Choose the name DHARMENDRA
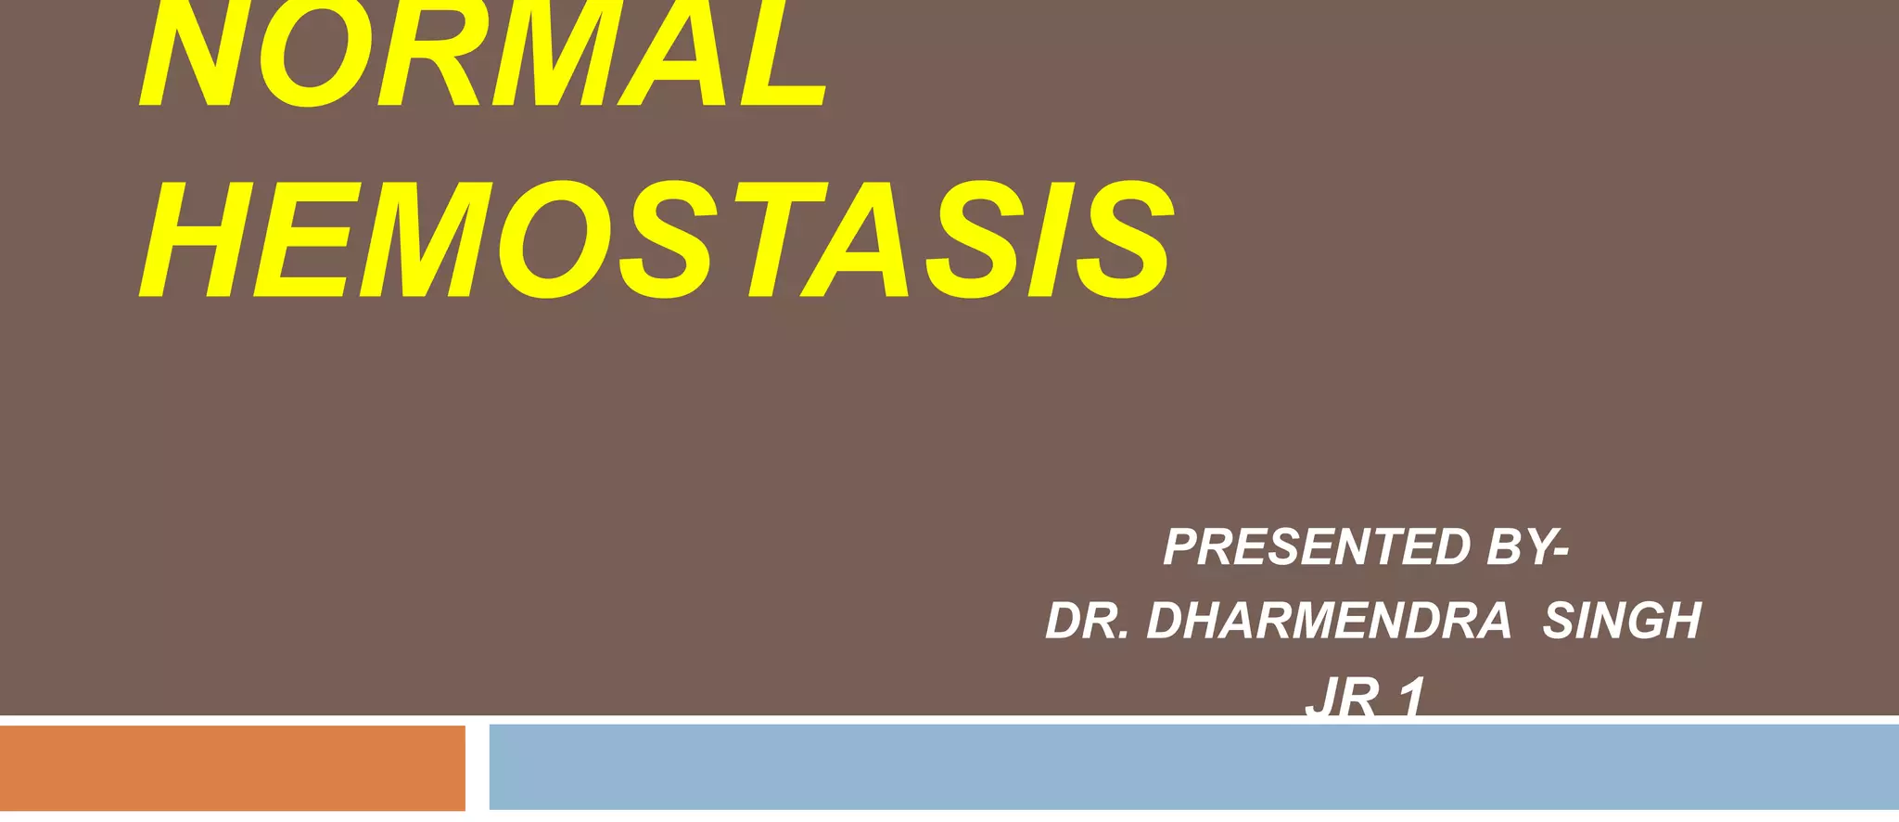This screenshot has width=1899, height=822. pyautogui.click(x=1329, y=621)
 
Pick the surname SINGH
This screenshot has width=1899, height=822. pyautogui.click(x=1622, y=621)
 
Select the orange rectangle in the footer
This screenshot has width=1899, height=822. pyautogui.click(x=232, y=767)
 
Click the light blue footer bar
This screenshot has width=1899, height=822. pyautogui.click(x=1193, y=767)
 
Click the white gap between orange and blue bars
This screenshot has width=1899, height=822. pyautogui.click(x=477, y=767)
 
